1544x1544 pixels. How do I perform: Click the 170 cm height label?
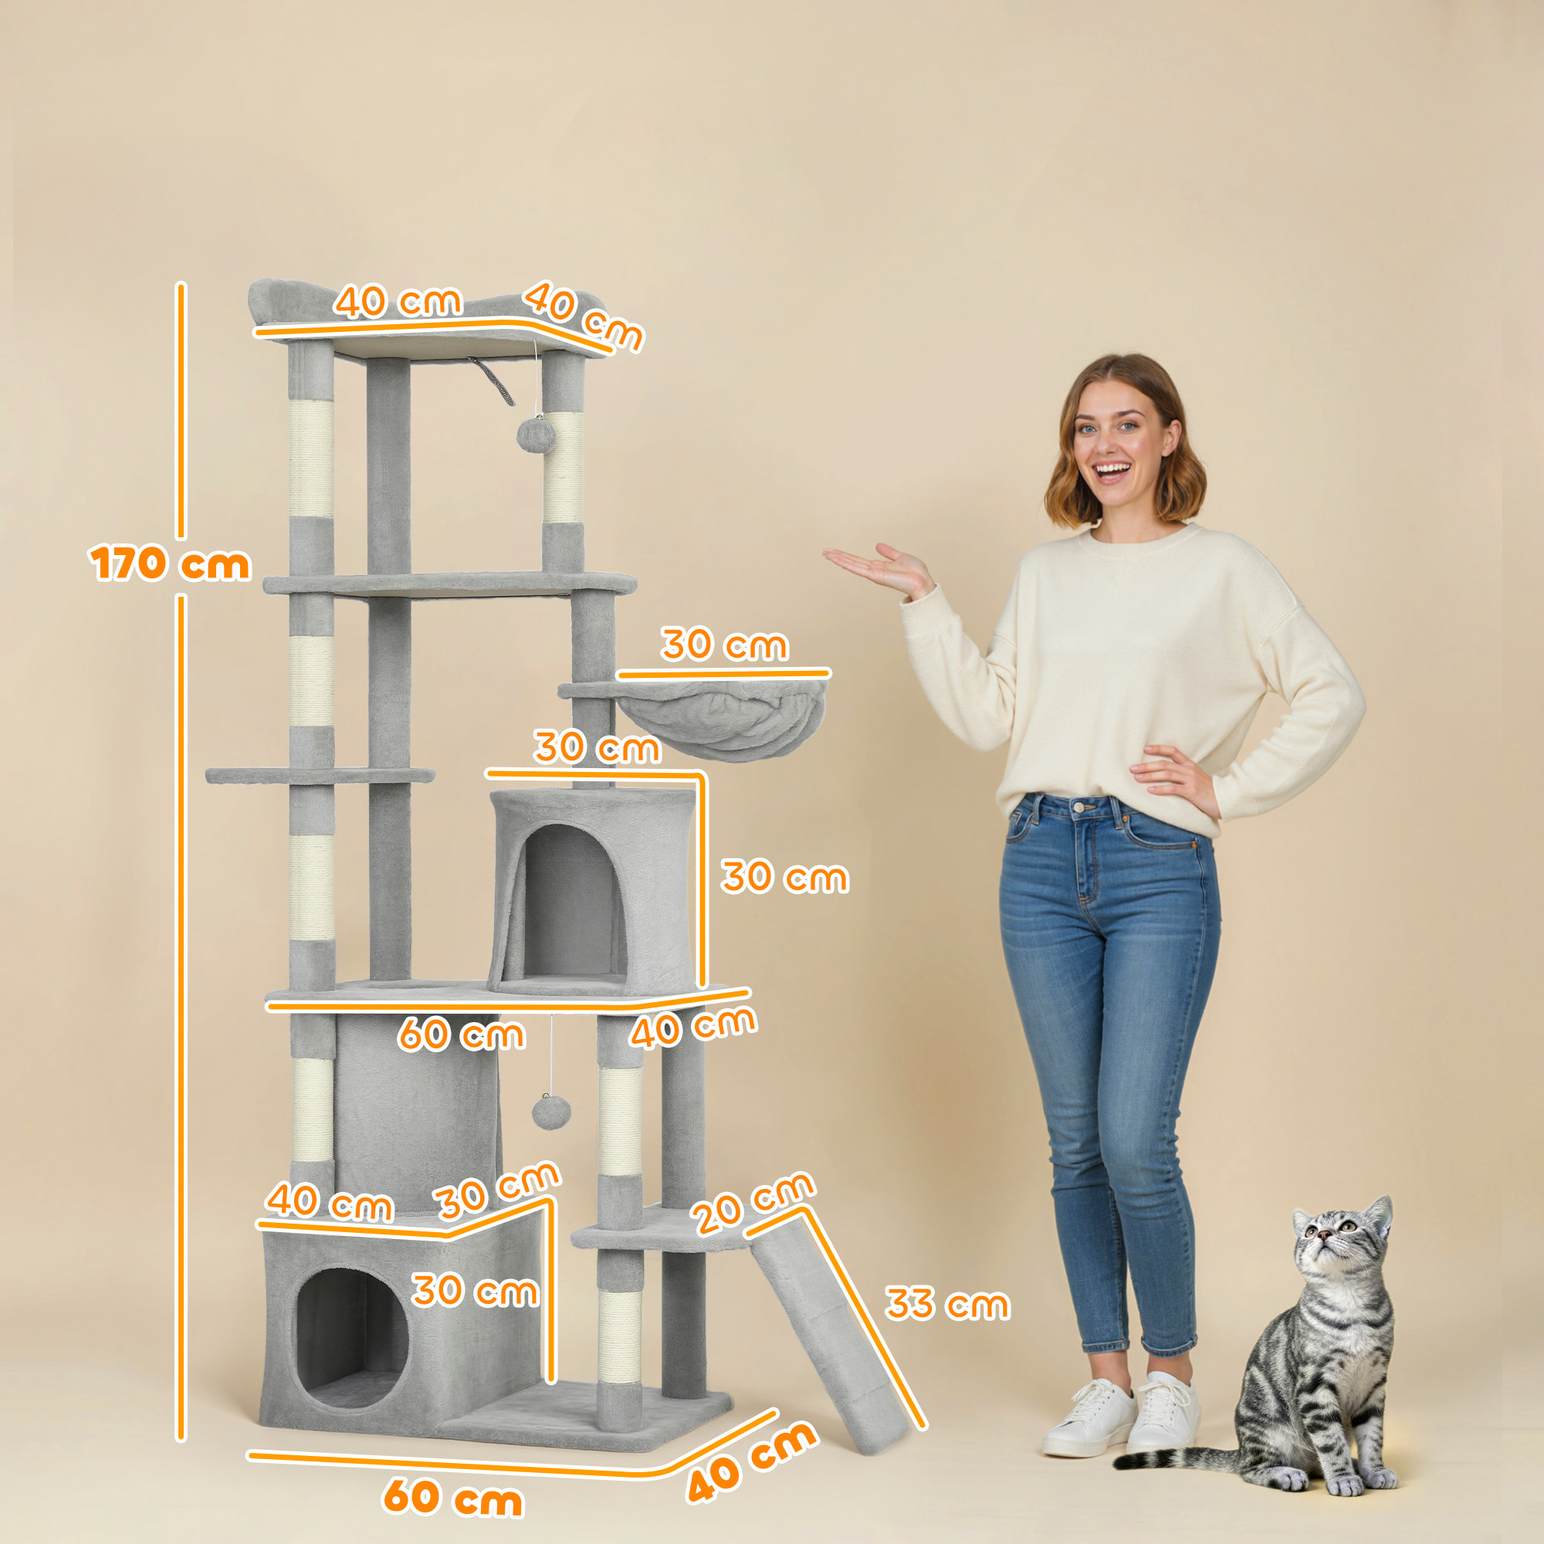(x=170, y=564)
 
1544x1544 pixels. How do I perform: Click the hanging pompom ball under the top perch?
(x=535, y=435)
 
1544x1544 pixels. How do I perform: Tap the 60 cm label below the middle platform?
(x=462, y=1034)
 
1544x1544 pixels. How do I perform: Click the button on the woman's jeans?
(x=1084, y=808)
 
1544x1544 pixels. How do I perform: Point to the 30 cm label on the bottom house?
(x=475, y=1291)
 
